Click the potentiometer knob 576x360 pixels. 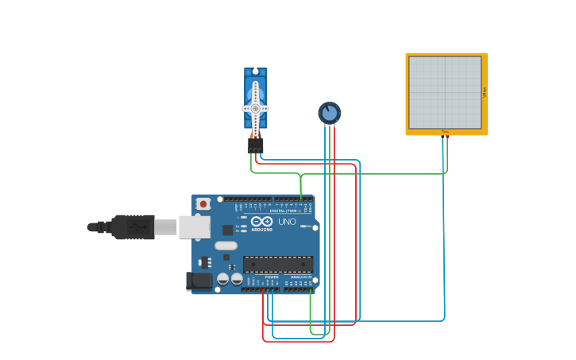tap(329, 113)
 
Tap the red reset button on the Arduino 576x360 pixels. tap(203, 204)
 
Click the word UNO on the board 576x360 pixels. tap(287, 222)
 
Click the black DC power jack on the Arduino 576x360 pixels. tap(199, 281)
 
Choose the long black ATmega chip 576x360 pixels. tap(277, 264)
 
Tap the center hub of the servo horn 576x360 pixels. tap(255, 108)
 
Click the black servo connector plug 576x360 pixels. tap(255, 146)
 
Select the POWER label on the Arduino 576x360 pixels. tap(261, 277)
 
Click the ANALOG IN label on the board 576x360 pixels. tap(300, 277)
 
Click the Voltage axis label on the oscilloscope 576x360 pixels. tap(484, 92)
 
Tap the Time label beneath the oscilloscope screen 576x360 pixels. tap(445, 131)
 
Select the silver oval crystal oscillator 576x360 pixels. tap(226, 246)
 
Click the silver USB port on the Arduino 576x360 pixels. tap(193, 227)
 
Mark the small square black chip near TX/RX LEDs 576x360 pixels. tap(227, 230)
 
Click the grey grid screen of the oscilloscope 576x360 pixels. tap(444, 91)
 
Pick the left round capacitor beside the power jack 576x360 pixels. tap(222, 279)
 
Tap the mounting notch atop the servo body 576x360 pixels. tap(255, 72)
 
